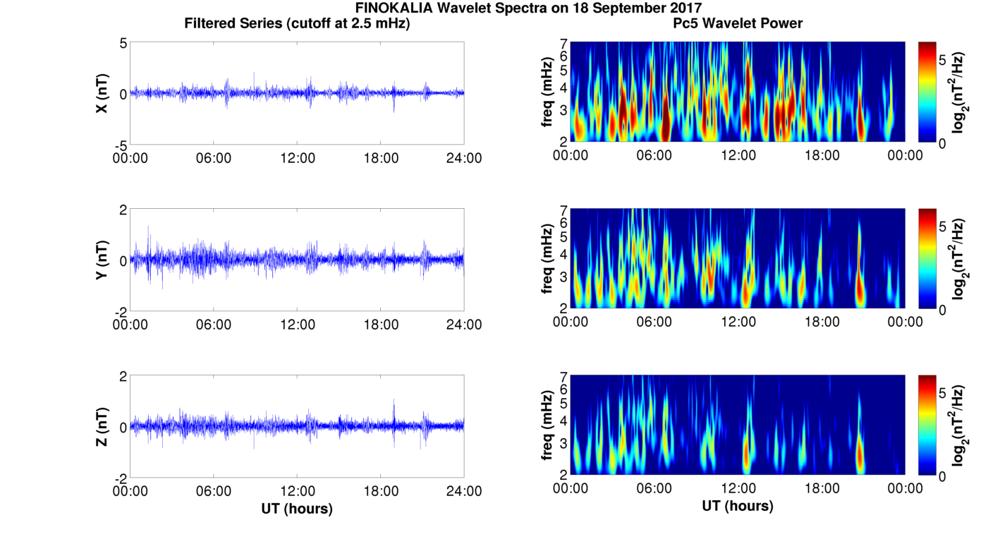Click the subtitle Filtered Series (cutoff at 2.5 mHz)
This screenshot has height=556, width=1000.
tap(297, 23)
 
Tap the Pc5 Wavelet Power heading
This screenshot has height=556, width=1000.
tap(738, 23)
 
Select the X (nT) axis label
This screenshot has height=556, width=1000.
tap(102, 93)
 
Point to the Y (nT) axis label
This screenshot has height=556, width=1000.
tap(102, 260)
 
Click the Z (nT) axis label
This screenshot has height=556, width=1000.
tap(102, 426)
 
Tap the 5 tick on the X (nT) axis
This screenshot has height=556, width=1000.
tap(122, 43)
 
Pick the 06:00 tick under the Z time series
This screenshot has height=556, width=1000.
tap(214, 490)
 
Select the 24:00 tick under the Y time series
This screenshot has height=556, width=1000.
tap(464, 324)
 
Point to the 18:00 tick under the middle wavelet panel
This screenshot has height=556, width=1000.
tap(822, 322)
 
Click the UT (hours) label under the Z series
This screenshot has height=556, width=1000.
tap(297, 508)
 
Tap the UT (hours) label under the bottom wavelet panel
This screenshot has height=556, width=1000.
tap(738, 506)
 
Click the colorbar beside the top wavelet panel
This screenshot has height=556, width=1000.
tap(927, 92)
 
